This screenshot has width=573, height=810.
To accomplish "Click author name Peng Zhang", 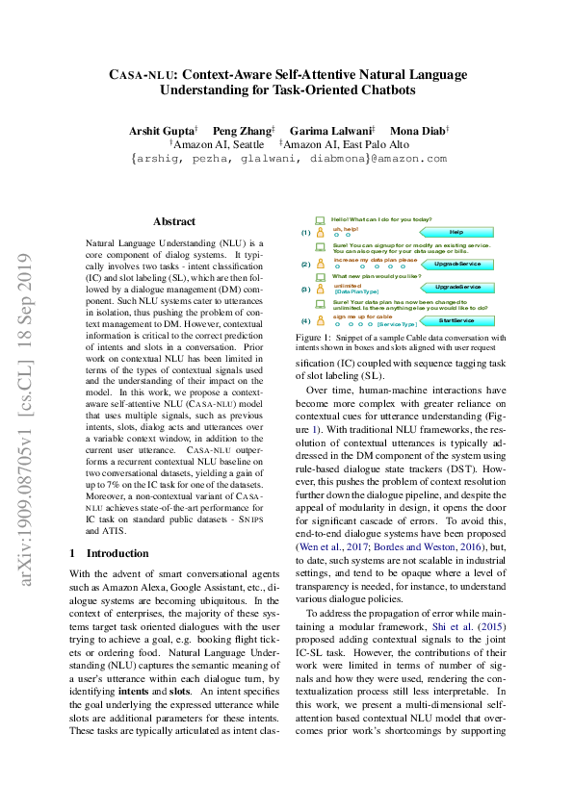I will pyautogui.click(x=245, y=130).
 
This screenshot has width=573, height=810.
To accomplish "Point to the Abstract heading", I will pyautogui.click(x=174, y=221).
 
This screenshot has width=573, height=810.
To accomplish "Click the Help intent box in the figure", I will pyautogui.click(x=456, y=232).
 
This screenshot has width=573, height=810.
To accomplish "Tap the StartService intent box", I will pyautogui.click(x=456, y=320).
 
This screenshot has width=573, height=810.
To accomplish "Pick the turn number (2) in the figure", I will pyautogui.click(x=305, y=264).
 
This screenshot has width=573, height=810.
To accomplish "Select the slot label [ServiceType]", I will pyautogui.click(x=397, y=325).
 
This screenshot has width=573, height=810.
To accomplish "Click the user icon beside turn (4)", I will pyautogui.click(x=320, y=319).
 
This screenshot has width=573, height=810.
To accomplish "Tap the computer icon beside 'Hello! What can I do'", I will pyautogui.click(x=320, y=220).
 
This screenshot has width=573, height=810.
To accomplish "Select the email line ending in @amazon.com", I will pyautogui.click(x=289, y=159).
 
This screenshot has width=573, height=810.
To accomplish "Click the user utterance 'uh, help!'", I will pyautogui.click(x=346, y=229).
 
